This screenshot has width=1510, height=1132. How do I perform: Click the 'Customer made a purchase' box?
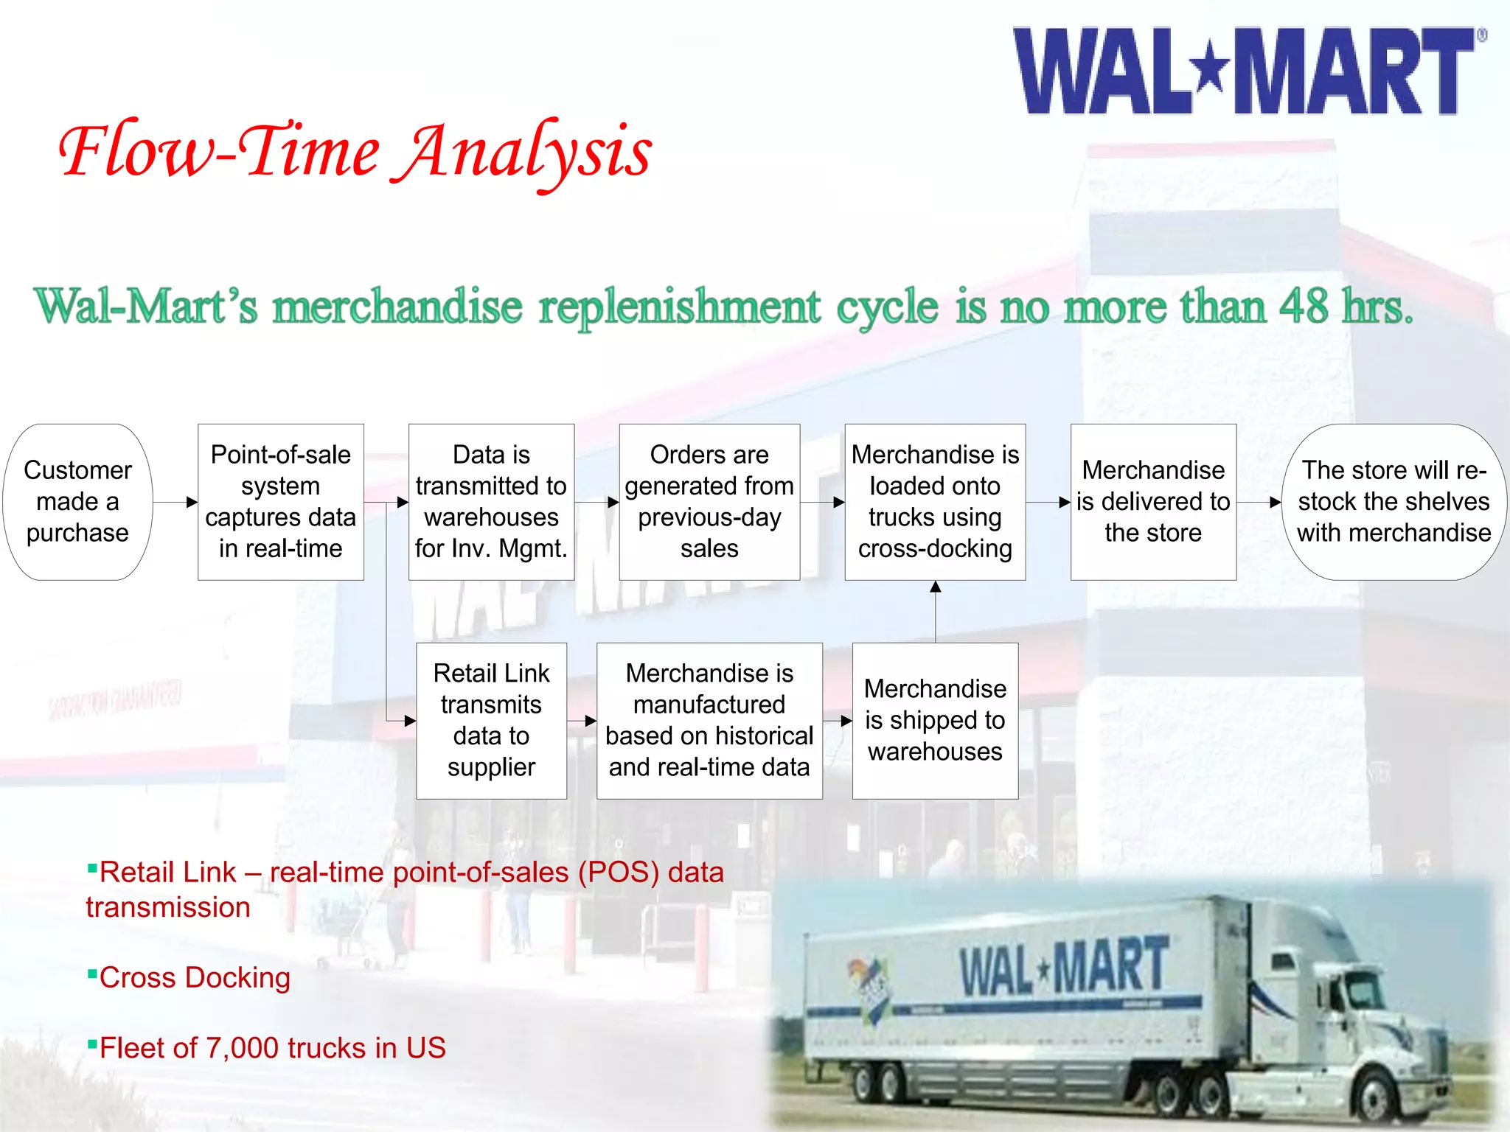pyautogui.click(x=77, y=502)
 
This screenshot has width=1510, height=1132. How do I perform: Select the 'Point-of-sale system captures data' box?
pyautogui.click(x=280, y=502)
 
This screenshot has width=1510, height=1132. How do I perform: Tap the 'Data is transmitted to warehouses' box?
pyautogui.click(x=491, y=502)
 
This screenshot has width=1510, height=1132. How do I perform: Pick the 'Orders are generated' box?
pyautogui.click(x=709, y=502)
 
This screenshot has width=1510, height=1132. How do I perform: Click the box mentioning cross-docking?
pyautogui.click(x=935, y=502)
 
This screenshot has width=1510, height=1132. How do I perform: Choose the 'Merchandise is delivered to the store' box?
pyautogui.click(x=1153, y=502)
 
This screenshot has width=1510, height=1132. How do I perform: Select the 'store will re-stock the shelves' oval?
pyautogui.click(x=1394, y=502)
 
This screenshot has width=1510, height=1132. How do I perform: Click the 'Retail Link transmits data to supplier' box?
pyautogui.click(x=491, y=720)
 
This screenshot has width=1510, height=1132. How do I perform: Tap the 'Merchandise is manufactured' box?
pyautogui.click(x=709, y=720)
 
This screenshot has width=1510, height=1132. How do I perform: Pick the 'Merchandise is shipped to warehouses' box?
pyautogui.click(x=935, y=720)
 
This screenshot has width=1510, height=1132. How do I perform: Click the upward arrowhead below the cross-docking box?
pyautogui.click(x=935, y=587)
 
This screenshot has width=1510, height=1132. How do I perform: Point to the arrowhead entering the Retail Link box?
pyautogui.click(x=410, y=721)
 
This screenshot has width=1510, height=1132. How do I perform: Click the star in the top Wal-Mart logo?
pyautogui.click(x=1211, y=69)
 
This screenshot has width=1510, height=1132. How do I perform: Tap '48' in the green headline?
pyautogui.click(x=1303, y=306)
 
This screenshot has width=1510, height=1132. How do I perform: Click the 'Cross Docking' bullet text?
pyautogui.click(x=195, y=977)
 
